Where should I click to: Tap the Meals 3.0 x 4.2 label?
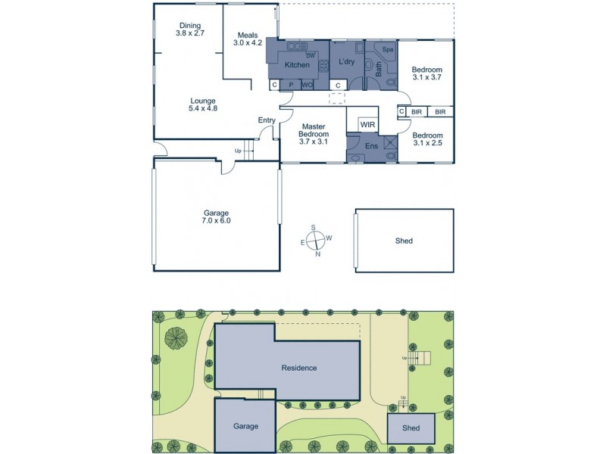[249, 39]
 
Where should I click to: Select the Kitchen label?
[296, 65]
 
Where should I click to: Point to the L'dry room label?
[347, 61]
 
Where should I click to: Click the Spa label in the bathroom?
[387, 50]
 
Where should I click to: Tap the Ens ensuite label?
[371, 145]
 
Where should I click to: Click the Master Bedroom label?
[313, 133]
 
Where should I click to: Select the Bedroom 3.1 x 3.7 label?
[427, 73]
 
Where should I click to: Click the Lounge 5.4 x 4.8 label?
[202, 104]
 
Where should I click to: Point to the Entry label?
[267, 120]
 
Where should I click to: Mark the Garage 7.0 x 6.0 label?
[217, 217]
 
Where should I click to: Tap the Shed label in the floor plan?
[404, 241]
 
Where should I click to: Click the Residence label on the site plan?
[298, 368]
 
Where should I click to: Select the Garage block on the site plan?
[245, 425]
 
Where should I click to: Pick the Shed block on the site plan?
[411, 428]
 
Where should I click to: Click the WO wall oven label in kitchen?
[308, 86]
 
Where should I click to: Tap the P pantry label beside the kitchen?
[291, 86]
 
